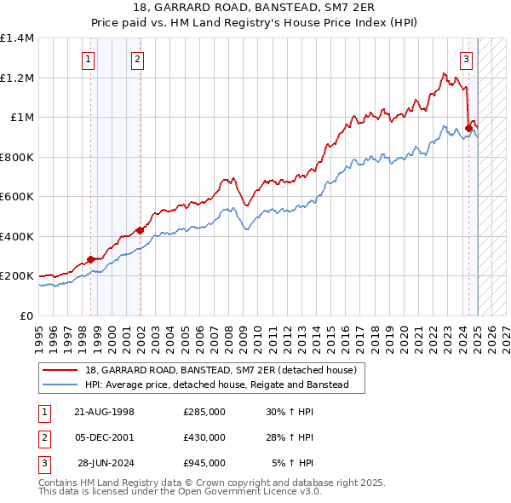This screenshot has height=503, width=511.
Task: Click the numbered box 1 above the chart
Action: pyautogui.click(x=89, y=60)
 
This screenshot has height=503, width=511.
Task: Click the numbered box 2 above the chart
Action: pyautogui.click(x=137, y=60)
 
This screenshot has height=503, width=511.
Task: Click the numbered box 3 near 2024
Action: pyautogui.click(x=467, y=60)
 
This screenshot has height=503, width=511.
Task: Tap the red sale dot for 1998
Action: pyautogui.click(x=90, y=259)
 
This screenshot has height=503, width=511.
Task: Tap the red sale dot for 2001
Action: pyautogui.click(x=140, y=230)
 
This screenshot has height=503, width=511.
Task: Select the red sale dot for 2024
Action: pyautogui.click(x=468, y=129)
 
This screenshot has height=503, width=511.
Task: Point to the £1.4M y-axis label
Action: pyautogui.click(x=17, y=38)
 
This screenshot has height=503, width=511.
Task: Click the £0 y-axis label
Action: pyautogui.click(x=26, y=315)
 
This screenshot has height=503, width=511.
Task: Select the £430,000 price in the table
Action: pyautogui.click(x=204, y=437)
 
